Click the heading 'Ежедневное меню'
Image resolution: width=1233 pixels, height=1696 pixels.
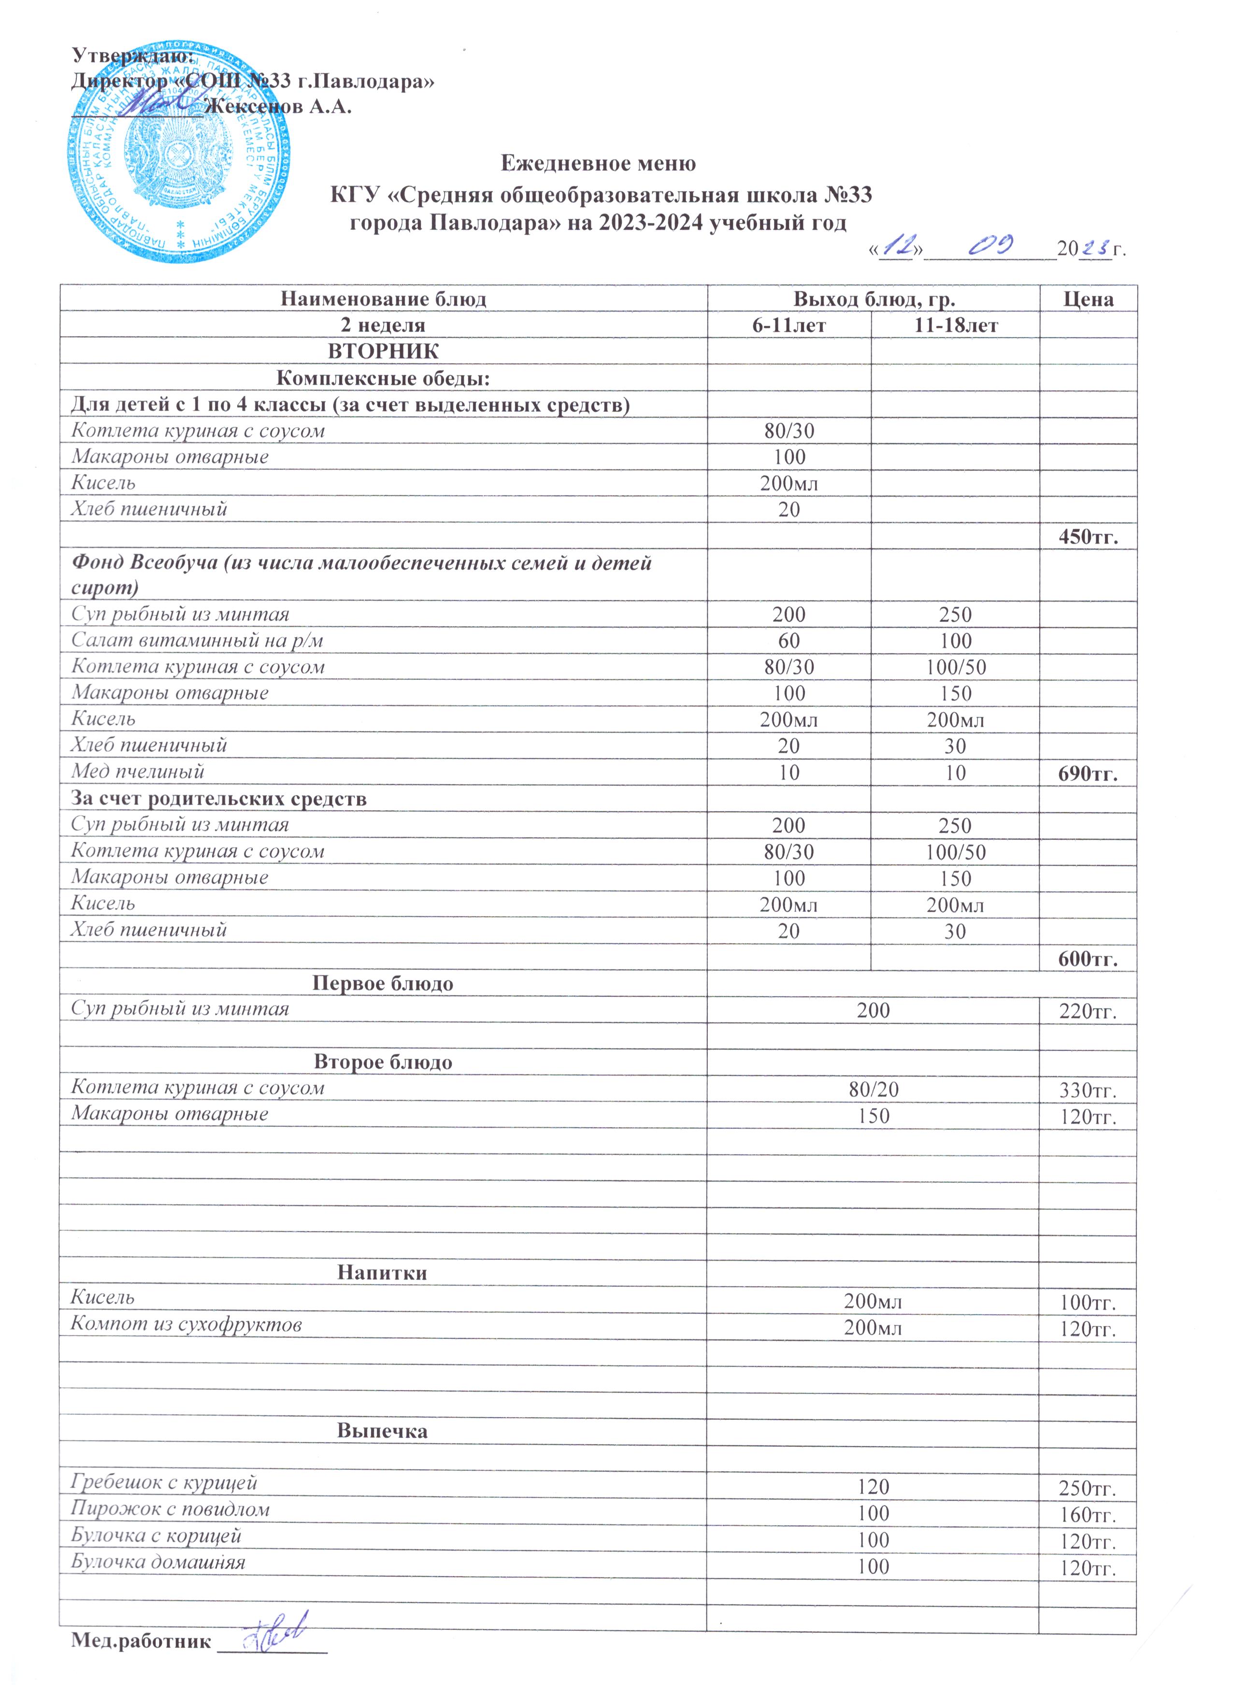598,163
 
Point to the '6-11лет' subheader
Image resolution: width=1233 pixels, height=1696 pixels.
789,325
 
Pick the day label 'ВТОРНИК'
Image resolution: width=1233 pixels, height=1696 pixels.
384,351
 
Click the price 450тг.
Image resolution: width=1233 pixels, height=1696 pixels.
1088,536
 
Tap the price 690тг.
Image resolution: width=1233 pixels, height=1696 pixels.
1088,773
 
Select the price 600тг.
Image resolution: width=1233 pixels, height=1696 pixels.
1088,959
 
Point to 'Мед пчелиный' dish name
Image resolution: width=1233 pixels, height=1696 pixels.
138,771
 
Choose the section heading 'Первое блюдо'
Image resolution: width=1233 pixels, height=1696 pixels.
382,983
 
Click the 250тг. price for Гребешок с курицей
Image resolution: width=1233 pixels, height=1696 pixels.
1088,1487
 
